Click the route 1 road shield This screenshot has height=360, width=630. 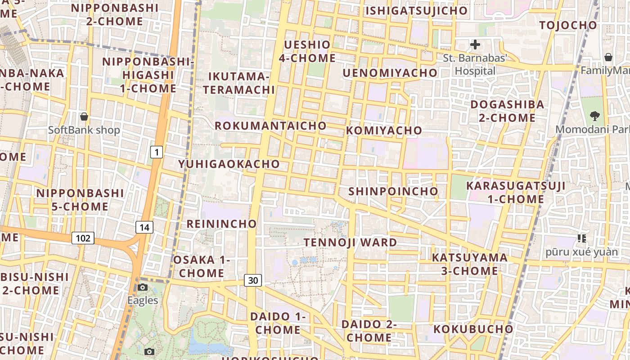[156, 153]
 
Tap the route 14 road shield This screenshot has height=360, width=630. [144, 227]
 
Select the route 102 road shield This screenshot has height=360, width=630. [83, 238]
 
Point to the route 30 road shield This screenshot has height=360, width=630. [253, 280]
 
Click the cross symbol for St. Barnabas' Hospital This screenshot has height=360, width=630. [475, 45]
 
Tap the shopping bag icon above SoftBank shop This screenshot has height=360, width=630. [84, 117]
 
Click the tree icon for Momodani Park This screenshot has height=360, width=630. [595, 116]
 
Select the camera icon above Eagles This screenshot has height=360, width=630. [143, 288]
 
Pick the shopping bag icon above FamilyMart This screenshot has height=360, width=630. [608, 57]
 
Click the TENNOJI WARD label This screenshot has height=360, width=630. [350, 243]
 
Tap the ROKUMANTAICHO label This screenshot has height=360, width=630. [270, 126]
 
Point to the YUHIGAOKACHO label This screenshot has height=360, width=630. [229, 164]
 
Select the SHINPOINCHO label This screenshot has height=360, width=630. [393, 191]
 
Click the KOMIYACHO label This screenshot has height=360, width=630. [384, 130]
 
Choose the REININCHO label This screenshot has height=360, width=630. [221, 224]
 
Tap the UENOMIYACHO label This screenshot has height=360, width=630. [390, 73]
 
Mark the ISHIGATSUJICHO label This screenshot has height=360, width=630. [416, 11]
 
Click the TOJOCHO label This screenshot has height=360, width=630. [568, 25]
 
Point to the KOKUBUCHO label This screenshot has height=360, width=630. [473, 329]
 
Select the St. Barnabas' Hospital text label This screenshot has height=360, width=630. [475, 64]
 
